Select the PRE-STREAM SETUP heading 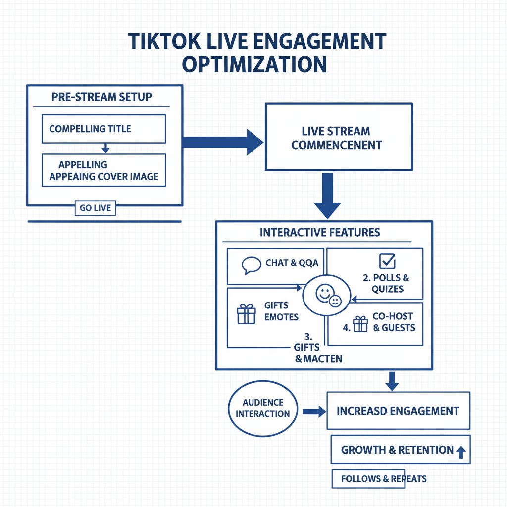[101, 97]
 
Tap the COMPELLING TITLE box [103, 129]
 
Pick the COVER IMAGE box [103, 170]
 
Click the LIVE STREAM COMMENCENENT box [339, 137]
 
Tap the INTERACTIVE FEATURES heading [320, 232]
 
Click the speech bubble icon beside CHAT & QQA [251, 265]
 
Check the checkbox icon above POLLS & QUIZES [386, 260]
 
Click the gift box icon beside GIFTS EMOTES [246, 314]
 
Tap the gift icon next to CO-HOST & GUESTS [360, 324]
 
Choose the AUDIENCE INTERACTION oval [263, 408]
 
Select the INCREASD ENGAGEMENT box [398, 411]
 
